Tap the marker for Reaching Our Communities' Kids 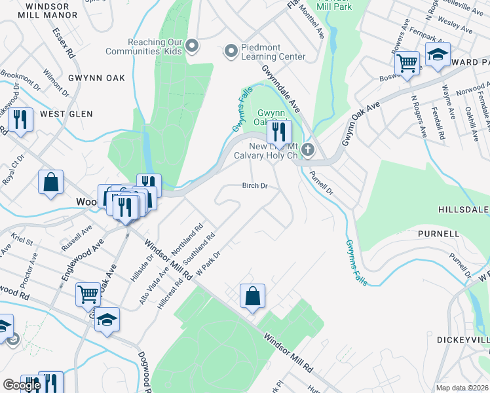pyautogui.click(x=192, y=45)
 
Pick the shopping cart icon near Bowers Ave pyautogui.click(x=407, y=64)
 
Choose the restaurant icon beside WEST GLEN pyautogui.click(x=20, y=120)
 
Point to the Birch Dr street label pyautogui.click(x=255, y=186)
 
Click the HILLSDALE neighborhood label pyautogui.click(x=464, y=209)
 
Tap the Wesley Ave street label pyautogui.click(x=457, y=26)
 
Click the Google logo pyautogui.click(x=22, y=385)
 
